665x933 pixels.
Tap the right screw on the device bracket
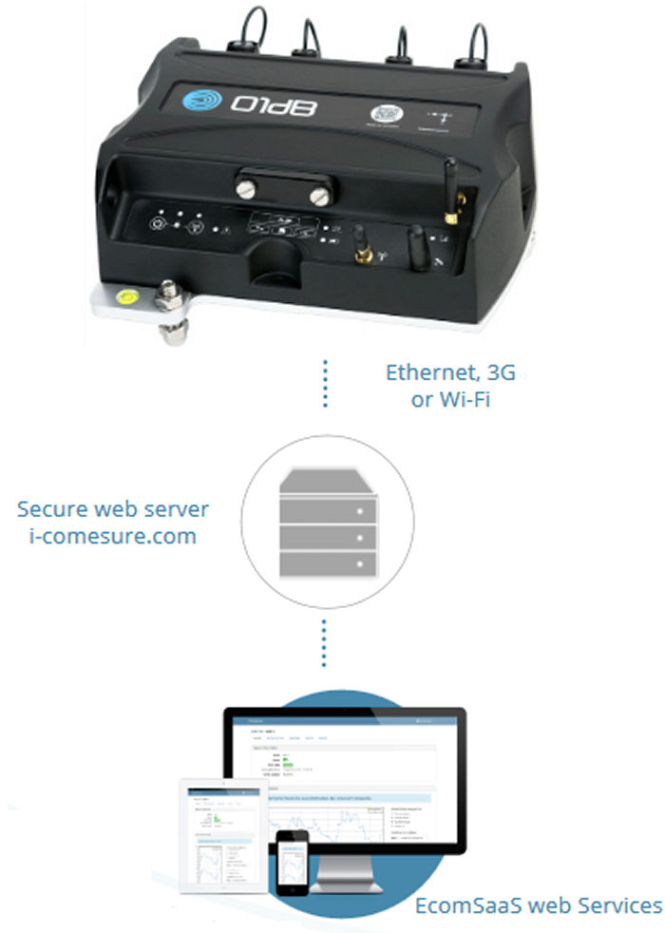pyautogui.click(x=320, y=196)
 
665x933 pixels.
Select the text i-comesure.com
pyautogui.click(x=105, y=536)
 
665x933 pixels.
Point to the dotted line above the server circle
pyautogui.click(x=326, y=384)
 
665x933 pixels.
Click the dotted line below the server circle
pyautogui.click(x=326, y=645)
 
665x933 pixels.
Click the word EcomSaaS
pyautogui.click(x=463, y=905)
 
